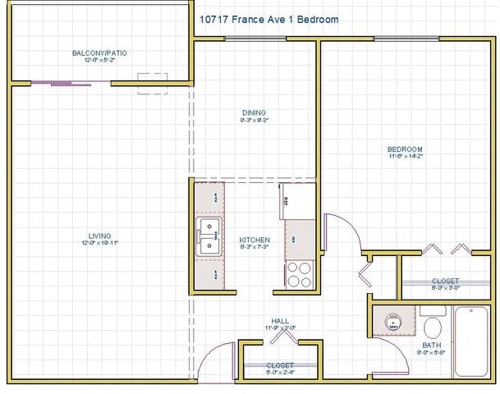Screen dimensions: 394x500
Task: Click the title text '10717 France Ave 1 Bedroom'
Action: tap(268, 19)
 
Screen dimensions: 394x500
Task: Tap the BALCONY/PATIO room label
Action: tap(99, 53)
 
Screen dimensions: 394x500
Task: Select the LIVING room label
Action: tap(100, 236)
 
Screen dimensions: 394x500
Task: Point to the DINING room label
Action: tap(254, 112)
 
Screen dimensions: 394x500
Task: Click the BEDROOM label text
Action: tap(405, 149)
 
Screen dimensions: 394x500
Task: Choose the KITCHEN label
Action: tap(254, 240)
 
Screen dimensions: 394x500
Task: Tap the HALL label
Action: tap(280, 321)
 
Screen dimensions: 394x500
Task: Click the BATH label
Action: tap(432, 346)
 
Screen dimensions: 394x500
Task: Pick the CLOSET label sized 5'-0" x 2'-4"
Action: tap(280, 365)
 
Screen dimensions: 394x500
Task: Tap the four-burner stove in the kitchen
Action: tap(300, 273)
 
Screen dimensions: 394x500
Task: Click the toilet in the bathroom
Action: tap(432, 324)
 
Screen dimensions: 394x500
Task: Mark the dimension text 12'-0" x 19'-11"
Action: tap(100, 244)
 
